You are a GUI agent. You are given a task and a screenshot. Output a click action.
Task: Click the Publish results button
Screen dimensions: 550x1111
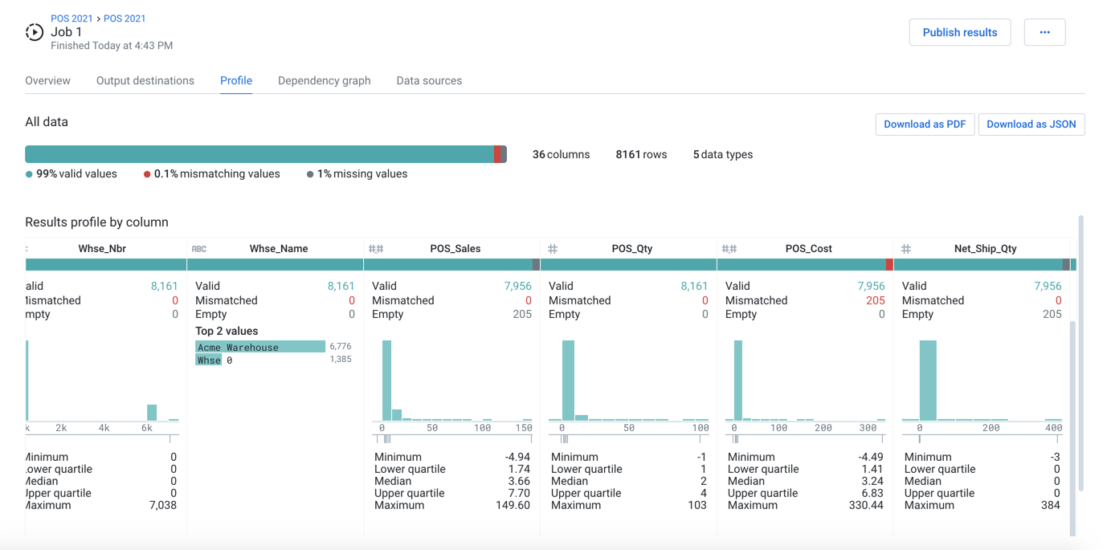click(959, 33)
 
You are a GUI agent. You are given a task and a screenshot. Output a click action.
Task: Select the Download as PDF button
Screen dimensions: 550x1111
click(924, 124)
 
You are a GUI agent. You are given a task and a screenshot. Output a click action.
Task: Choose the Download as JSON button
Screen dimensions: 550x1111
click(1031, 124)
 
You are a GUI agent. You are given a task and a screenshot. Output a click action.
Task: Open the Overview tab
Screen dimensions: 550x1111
click(47, 81)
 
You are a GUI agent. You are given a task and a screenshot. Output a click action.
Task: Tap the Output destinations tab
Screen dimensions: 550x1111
click(145, 81)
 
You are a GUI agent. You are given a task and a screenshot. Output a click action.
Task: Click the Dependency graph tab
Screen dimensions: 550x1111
click(324, 81)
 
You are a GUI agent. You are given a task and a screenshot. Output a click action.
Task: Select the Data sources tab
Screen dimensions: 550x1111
click(429, 81)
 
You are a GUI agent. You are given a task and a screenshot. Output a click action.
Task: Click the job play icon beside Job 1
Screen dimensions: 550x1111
click(35, 32)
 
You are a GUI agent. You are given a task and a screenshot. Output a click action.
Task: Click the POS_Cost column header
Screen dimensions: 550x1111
click(808, 249)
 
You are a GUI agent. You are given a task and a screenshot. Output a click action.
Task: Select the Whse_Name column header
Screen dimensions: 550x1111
click(278, 249)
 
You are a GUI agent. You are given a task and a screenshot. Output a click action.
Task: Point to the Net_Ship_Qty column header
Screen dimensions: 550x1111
click(985, 249)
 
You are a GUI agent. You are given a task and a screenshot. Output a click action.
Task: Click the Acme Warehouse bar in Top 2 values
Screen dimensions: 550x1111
click(260, 347)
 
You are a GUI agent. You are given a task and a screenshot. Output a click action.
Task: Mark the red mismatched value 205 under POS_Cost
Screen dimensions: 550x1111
click(875, 300)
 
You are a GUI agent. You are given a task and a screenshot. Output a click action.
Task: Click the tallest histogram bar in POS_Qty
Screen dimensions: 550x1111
click(568, 381)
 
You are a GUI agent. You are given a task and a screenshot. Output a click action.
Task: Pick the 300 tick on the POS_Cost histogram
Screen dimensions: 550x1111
click(868, 429)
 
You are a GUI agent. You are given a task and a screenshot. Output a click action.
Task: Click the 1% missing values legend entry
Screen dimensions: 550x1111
click(361, 174)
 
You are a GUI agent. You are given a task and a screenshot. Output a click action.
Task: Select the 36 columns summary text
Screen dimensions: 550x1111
click(561, 155)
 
